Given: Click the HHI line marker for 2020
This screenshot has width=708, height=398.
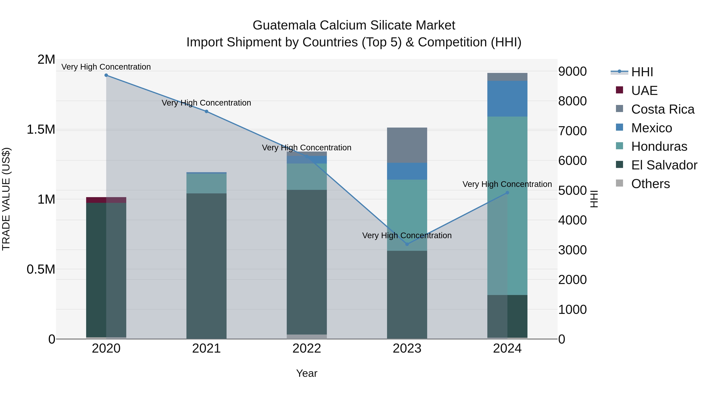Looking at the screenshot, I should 106,75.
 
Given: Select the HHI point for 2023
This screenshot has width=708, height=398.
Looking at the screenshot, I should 407,244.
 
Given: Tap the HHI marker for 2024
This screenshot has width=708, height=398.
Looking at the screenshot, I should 507,193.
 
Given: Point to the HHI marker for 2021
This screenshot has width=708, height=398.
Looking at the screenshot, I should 206,111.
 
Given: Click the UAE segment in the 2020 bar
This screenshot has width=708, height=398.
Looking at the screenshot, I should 106,200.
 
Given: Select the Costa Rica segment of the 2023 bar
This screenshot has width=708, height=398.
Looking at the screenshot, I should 407,145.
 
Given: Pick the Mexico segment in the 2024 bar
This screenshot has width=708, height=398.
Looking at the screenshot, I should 507,99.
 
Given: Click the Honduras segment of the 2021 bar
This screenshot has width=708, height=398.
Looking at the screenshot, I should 206,184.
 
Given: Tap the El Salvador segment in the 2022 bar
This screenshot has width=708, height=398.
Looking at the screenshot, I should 307,262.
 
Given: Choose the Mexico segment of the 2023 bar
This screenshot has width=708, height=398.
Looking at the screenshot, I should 407,171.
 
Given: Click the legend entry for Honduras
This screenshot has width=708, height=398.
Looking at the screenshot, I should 659,146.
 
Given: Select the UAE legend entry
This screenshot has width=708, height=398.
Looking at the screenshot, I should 644,90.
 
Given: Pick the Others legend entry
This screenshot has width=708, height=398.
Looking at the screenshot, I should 650,184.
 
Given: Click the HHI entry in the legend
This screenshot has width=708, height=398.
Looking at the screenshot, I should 642,72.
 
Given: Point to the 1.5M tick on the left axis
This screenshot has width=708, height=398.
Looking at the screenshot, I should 41,129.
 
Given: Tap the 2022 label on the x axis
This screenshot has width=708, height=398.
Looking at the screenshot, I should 307,348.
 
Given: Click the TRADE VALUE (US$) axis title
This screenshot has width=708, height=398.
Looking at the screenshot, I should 6,199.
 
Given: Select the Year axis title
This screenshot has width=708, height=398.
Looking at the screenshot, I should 307,373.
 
